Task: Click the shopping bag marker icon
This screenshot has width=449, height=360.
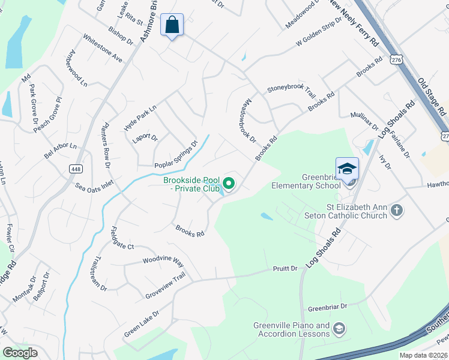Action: (x=172, y=26)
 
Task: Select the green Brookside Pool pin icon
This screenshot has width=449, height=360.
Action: (x=229, y=184)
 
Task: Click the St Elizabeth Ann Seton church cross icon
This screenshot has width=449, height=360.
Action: (x=396, y=210)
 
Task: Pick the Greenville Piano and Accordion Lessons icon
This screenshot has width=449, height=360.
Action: (x=340, y=328)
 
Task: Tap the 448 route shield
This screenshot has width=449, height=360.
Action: (x=75, y=169)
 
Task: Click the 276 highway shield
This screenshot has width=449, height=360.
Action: (x=396, y=60)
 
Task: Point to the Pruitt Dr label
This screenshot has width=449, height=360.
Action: (x=286, y=269)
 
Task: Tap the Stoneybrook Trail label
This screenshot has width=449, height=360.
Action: (x=291, y=91)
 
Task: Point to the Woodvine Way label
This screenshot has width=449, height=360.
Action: (x=163, y=261)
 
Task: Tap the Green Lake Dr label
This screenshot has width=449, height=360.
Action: (x=142, y=323)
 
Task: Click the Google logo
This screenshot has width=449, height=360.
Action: (x=20, y=353)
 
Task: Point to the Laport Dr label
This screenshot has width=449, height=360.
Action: (x=145, y=137)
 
